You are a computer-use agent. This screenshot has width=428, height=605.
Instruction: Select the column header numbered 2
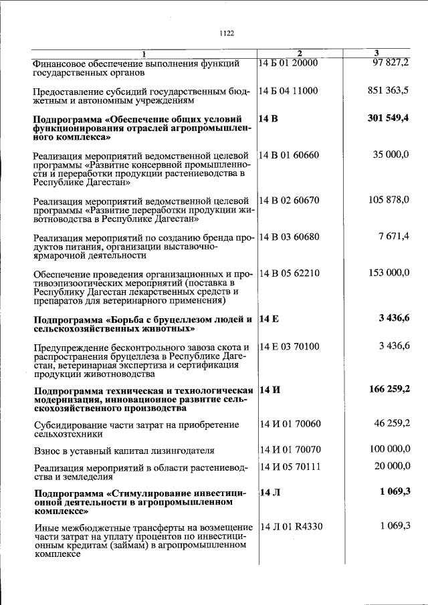pyautogui.click(x=300, y=53)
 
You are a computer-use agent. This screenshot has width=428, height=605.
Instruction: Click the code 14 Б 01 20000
pyautogui.click(x=288, y=63)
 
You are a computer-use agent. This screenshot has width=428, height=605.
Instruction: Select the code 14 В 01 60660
pyautogui.click(x=289, y=155)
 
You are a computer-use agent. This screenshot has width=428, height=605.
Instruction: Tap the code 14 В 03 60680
pyautogui.click(x=289, y=237)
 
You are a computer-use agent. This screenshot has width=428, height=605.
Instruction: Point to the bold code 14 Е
pyautogui.click(x=268, y=318)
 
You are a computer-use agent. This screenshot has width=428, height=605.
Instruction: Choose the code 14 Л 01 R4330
pyautogui.click(x=292, y=526)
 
